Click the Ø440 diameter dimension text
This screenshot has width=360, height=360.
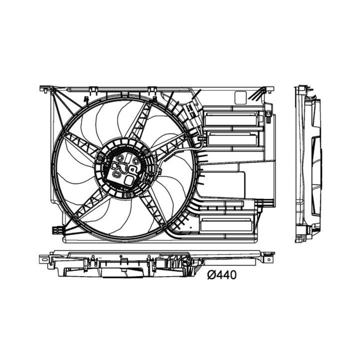pos(221,274)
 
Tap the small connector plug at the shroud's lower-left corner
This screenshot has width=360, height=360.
pos(57,230)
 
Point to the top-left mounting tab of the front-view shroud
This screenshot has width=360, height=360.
pos(46,89)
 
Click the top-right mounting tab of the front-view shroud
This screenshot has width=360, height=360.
pos(268,89)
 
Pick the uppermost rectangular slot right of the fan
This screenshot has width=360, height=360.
pos(230,119)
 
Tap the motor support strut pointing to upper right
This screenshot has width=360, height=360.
pos(141,119)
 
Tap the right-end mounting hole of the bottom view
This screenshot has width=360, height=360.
pos(269,259)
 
